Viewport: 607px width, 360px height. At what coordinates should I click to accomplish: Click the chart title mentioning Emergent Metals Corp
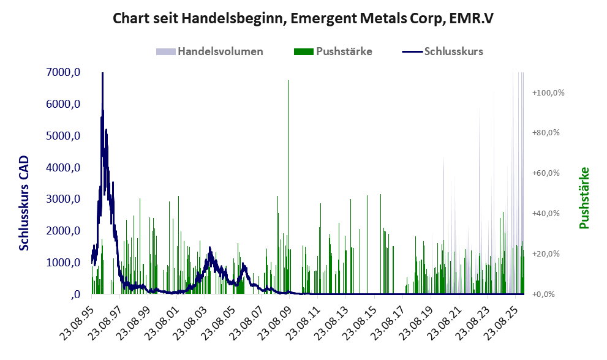pyautogui.click(x=303, y=19)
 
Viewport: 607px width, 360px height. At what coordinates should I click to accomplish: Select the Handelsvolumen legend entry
pyautogui.click(x=220, y=51)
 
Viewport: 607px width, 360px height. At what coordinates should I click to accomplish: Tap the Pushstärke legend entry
pyautogui.click(x=344, y=51)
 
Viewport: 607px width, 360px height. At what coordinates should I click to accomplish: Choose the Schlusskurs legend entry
pyautogui.click(x=453, y=51)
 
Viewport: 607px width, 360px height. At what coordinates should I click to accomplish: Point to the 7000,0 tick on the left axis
pyautogui.click(x=63, y=72)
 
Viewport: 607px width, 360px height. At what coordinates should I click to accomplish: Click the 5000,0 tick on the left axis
pyautogui.click(x=63, y=136)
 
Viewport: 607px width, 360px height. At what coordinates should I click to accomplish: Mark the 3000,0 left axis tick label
pyautogui.click(x=63, y=199)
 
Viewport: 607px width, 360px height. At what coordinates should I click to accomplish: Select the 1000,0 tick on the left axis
pyautogui.click(x=63, y=263)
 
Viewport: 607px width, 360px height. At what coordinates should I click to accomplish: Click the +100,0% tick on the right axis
pyautogui.click(x=548, y=92)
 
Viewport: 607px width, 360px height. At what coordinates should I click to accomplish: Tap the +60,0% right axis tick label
pyautogui.click(x=548, y=173)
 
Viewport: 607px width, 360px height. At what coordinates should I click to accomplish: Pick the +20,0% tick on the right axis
pyautogui.click(x=548, y=254)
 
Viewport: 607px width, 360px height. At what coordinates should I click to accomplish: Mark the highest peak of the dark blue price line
pyautogui.click(x=102, y=73)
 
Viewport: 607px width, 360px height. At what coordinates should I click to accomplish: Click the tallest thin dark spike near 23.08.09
pyautogui.click(x=288, y=81)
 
